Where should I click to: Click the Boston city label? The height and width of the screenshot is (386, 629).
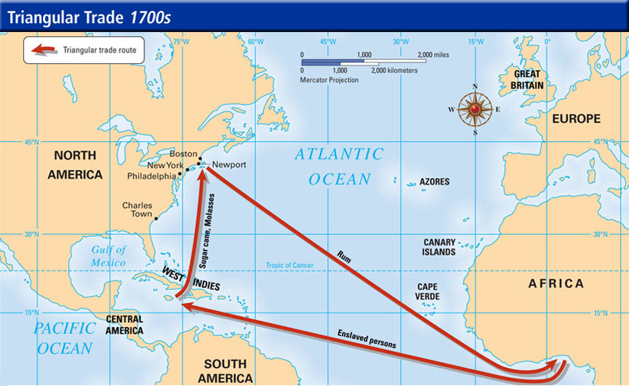point(183,154)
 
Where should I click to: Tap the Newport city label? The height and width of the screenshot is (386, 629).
point(229,165)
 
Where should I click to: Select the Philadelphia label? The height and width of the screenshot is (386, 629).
point(151,176)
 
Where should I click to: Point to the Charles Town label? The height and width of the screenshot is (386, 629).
point(137,210)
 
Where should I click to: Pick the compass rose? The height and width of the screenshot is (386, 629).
point(475,109)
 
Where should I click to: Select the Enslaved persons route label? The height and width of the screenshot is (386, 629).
point(366,339)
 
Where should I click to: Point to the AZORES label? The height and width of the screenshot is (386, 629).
point(434,182)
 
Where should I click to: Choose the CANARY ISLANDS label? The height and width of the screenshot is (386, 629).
point(440,247)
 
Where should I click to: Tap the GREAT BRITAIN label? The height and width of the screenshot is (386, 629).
point(527,80)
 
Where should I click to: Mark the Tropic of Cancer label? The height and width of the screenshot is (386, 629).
point(289,266)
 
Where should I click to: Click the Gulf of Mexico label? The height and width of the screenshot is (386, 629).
point(108,256)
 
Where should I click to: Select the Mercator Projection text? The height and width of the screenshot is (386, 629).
point(329,80)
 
